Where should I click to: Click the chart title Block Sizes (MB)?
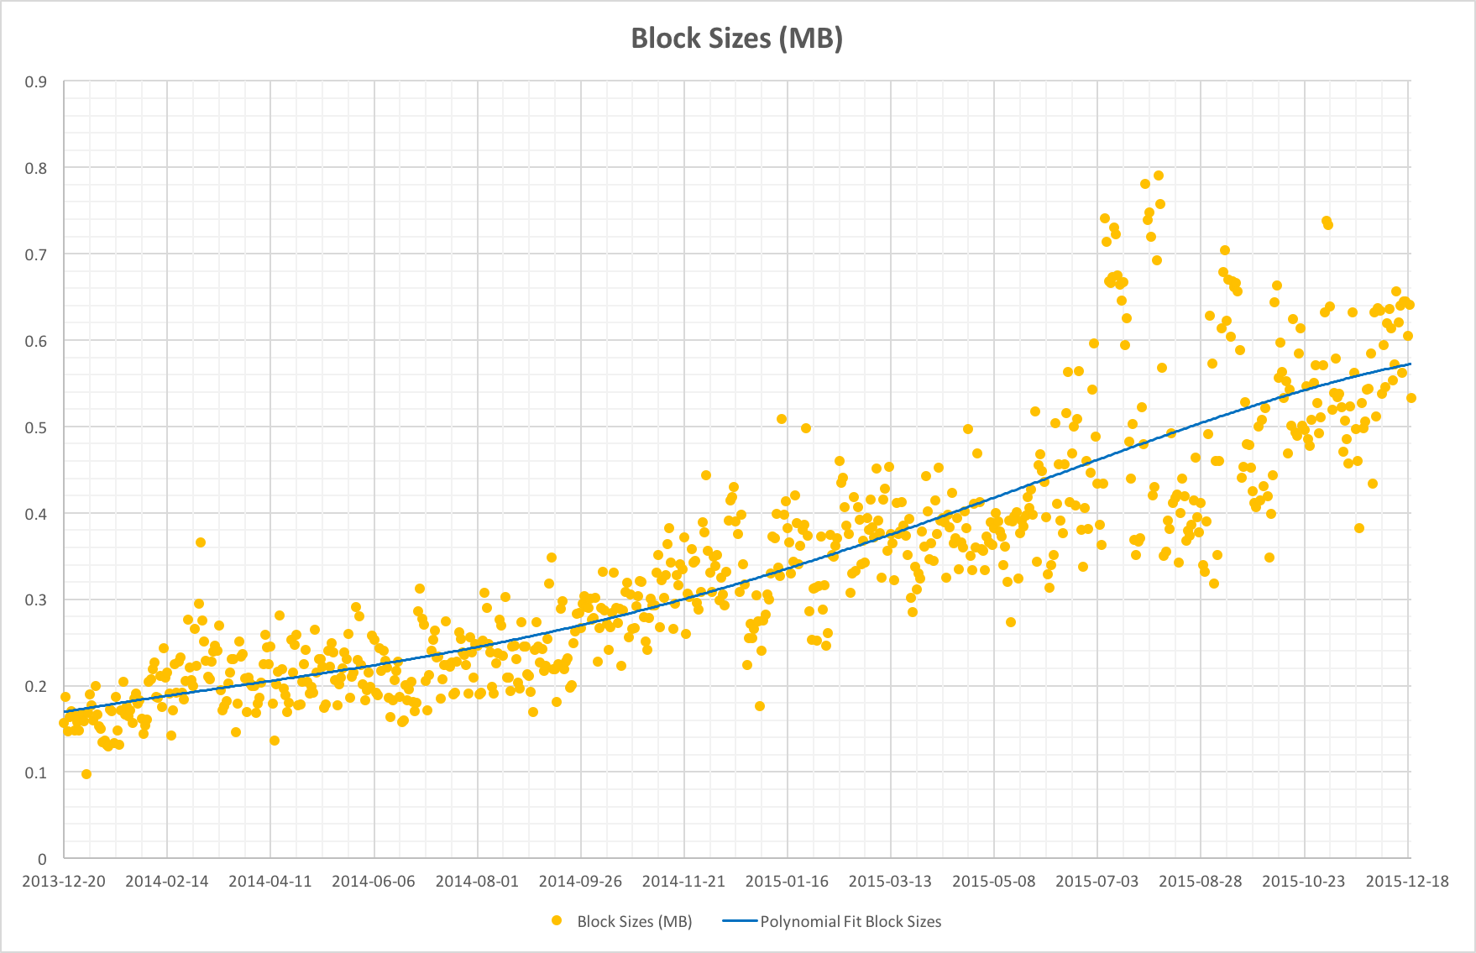[x=736, y=38]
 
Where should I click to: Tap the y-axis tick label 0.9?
[x=35, y=82]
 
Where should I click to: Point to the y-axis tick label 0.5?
[x=35, y=427]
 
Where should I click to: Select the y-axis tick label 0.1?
[x=35, y=772]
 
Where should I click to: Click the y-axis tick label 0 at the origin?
[x=42, y=859]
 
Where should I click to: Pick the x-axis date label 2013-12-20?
[x=64, y=882]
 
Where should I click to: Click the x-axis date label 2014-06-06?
[x=374, y=882]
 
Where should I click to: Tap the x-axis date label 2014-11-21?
[x=683, y=882]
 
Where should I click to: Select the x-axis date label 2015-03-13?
[x=890, y=882]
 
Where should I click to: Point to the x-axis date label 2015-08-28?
[x=1201, y=882]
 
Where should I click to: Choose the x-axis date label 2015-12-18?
[x=1407, y=882]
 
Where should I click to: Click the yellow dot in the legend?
[x=556, y=921]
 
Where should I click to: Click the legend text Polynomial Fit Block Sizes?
[x=851, y=922]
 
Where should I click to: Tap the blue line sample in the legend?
[x=740, y=921]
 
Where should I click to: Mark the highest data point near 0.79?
[x=1159, y=175]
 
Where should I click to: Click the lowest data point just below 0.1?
[x=86, y=774]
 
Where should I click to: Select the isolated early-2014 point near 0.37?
[x=201, y=542]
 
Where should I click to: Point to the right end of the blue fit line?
[x=1411, y=364]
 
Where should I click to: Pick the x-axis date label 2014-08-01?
[x=477, y=882]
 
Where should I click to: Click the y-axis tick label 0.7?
[x=35, y=254]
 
